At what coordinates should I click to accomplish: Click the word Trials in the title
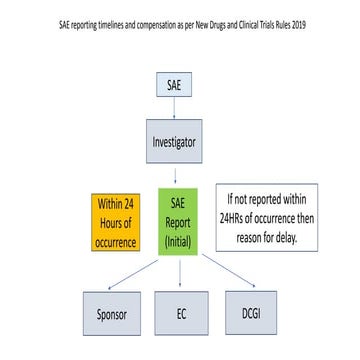click(x=270, y=24)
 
